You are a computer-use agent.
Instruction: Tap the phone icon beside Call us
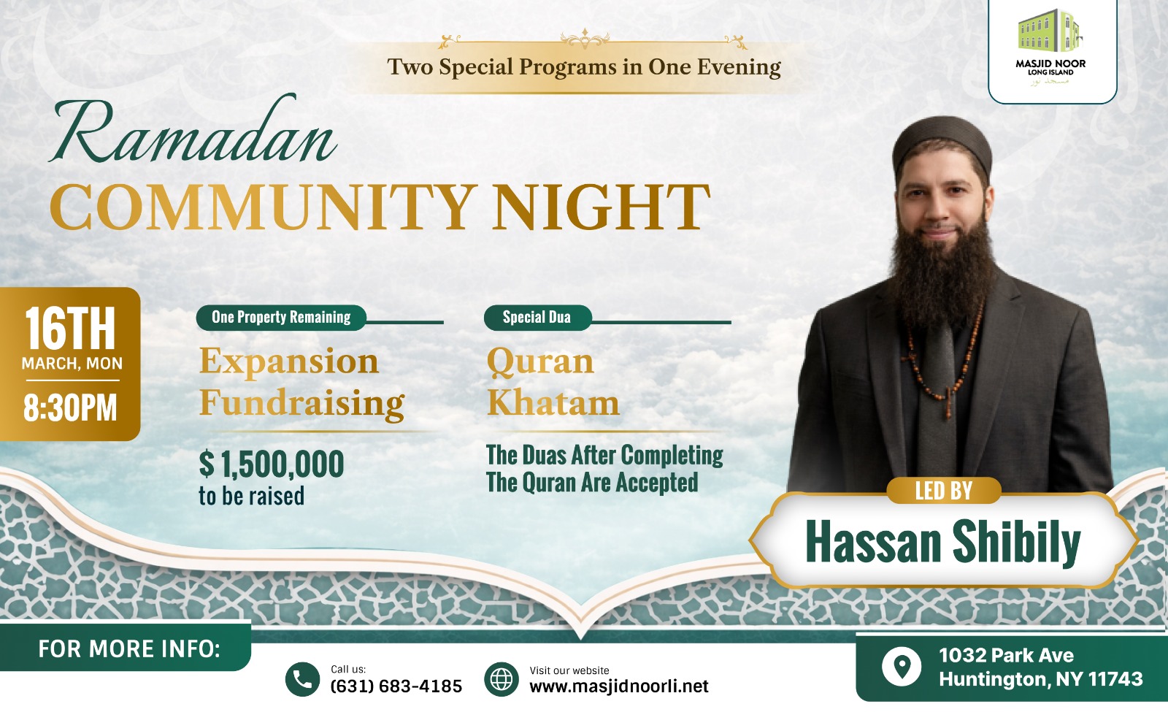coord(302,679)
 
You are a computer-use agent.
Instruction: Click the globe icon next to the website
coord(502,679)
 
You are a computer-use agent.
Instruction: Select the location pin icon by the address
coord(902,667)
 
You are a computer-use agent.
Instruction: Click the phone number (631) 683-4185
coord(396,686)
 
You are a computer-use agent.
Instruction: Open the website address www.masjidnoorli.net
coord(619,686)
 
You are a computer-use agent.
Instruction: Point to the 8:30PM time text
coord(70,408)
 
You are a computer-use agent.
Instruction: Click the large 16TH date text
coord(70,328)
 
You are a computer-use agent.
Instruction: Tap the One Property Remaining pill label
coord(281,317)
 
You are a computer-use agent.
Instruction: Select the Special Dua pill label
coord(537,317)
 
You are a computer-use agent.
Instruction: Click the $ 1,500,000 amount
coord(272,464)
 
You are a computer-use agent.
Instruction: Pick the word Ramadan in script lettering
coord(193,131)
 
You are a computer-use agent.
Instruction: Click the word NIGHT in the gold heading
coord(602,207)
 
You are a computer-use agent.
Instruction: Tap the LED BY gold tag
coord(944,490)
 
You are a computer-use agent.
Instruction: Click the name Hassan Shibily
coord(942,542)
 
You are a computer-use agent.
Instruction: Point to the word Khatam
coord(553,402)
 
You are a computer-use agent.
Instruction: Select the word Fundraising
coord(302,403)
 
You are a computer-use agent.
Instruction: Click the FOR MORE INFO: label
coord(129,649)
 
